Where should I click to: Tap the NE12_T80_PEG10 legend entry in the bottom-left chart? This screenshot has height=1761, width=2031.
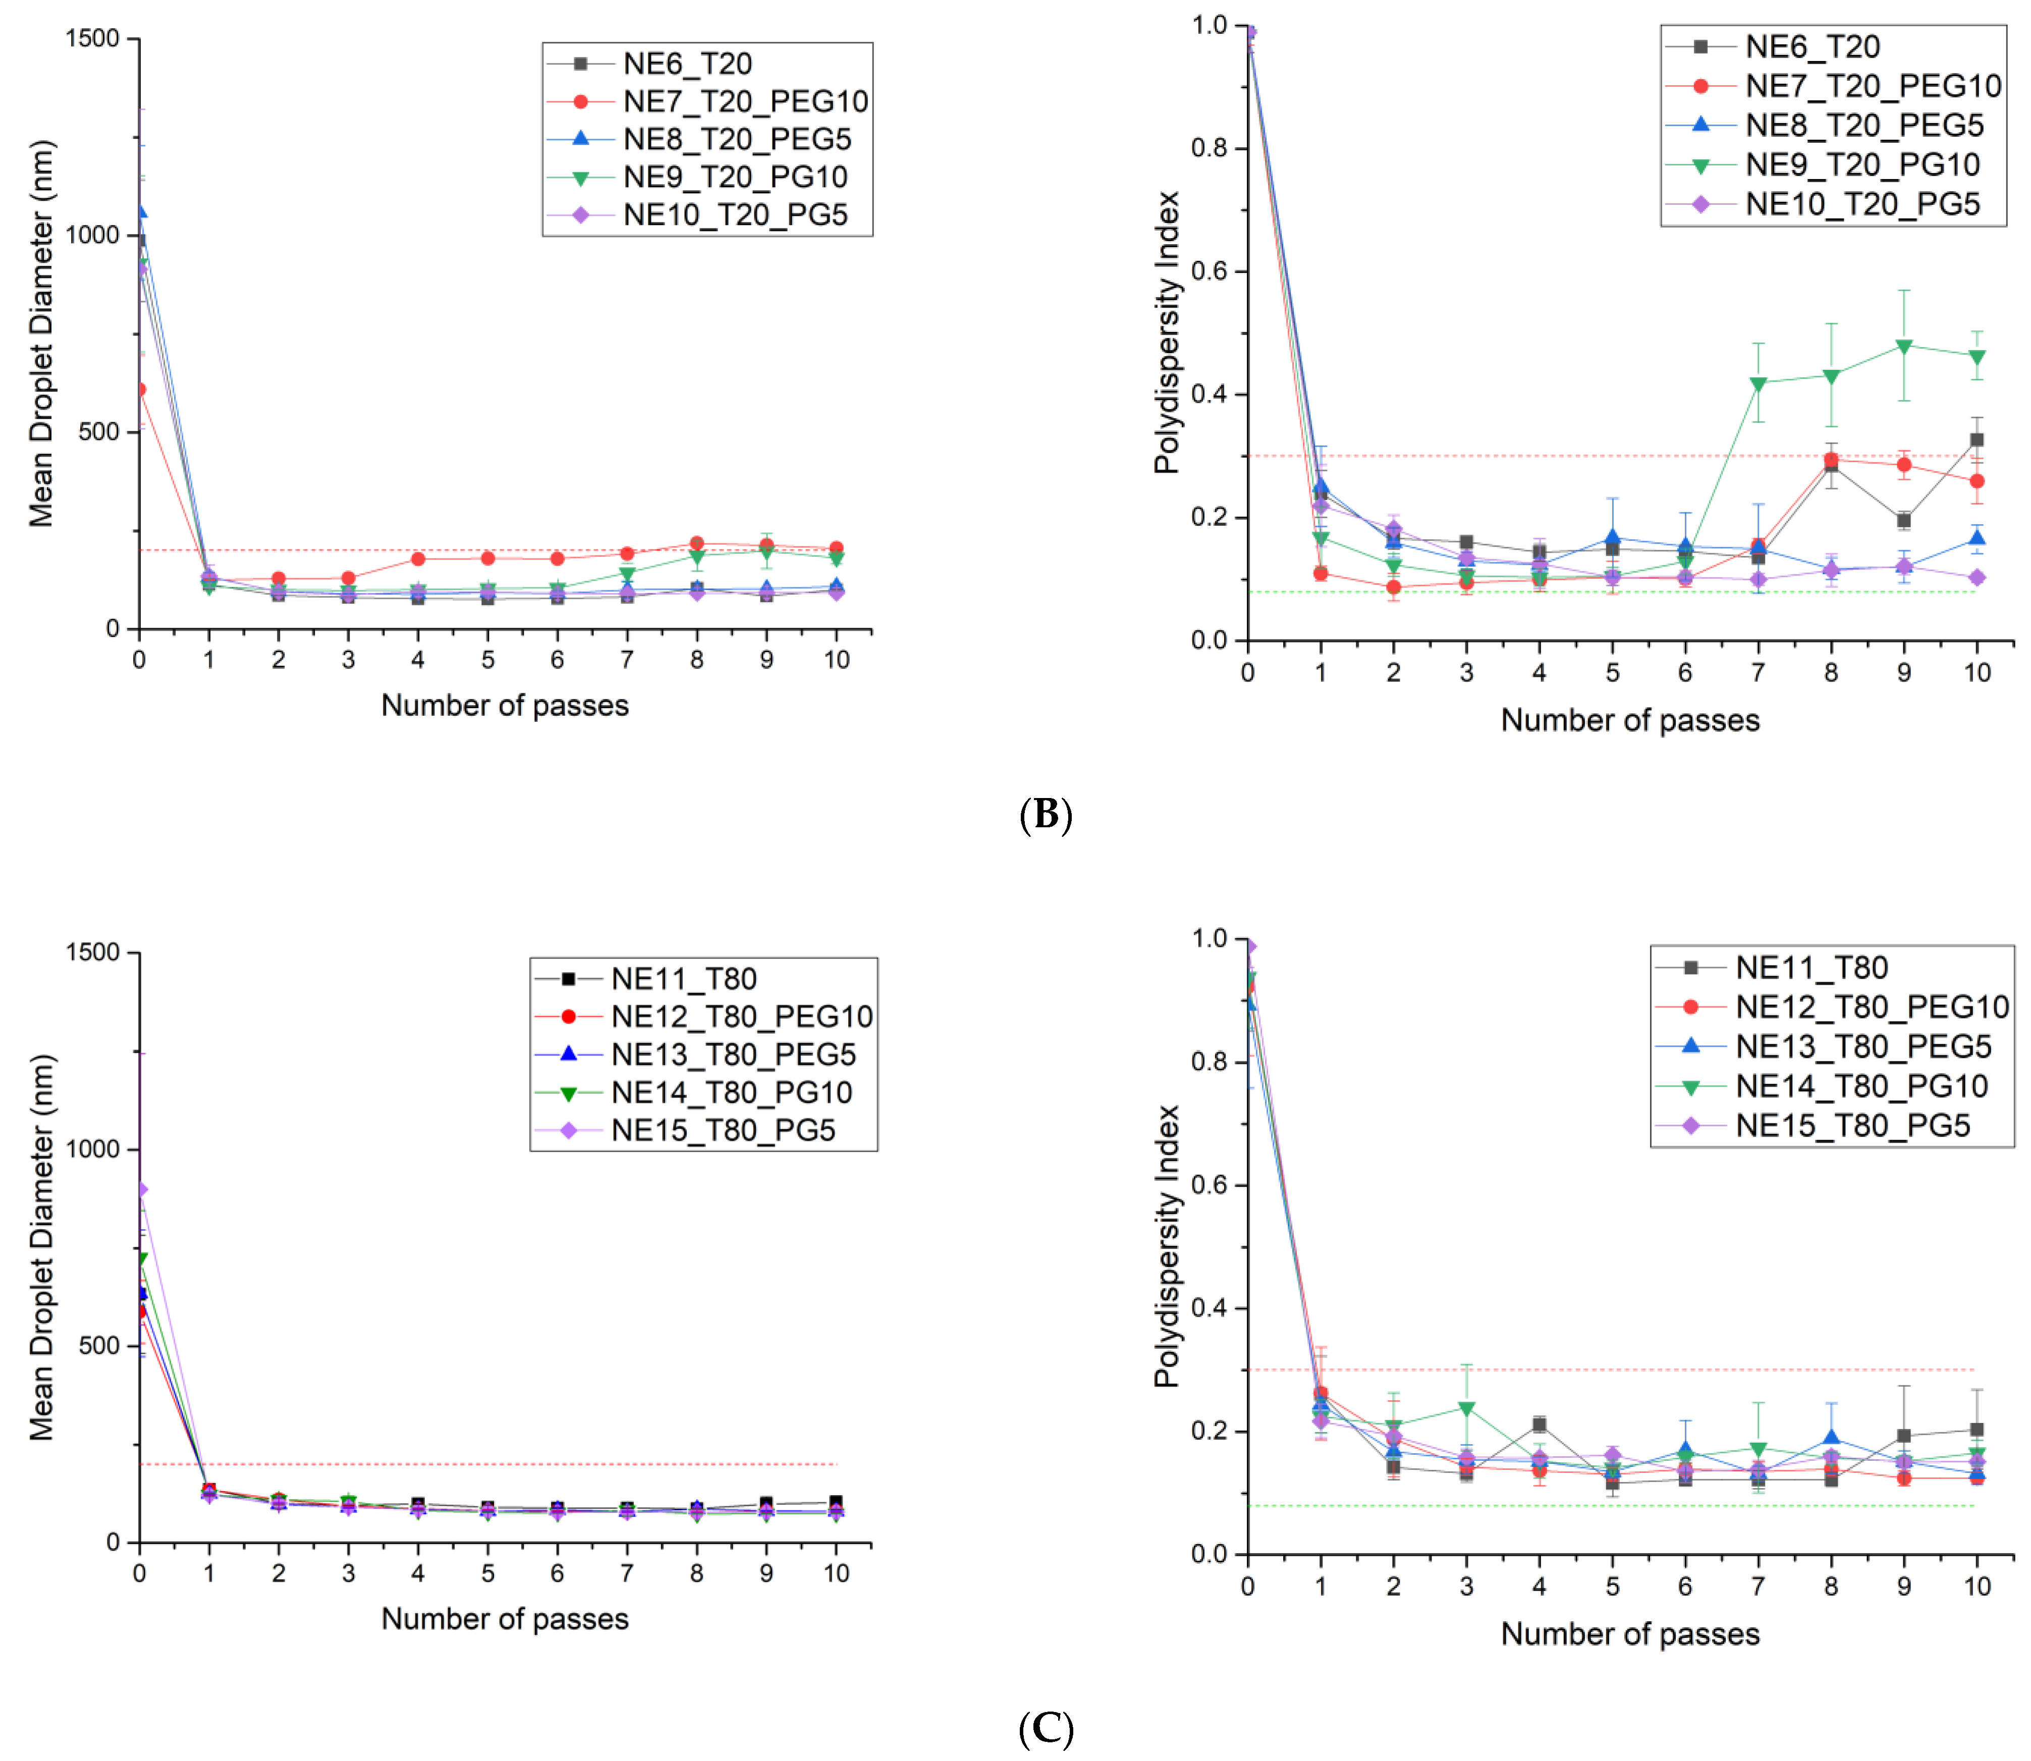pyautogui.click(x=741, y=1016)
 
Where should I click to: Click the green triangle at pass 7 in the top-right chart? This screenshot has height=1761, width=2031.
pyautogui.click(x=1758, y=384)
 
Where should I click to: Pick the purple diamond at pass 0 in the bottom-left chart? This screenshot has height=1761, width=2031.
pyautogui.click(x=141, y=1189)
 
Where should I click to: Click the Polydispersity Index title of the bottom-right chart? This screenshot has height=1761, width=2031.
pyautogui.click(x=1167, y=1246)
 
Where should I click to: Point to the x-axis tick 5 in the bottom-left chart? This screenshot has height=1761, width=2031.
pyautogui.click(x=487, y=1573)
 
